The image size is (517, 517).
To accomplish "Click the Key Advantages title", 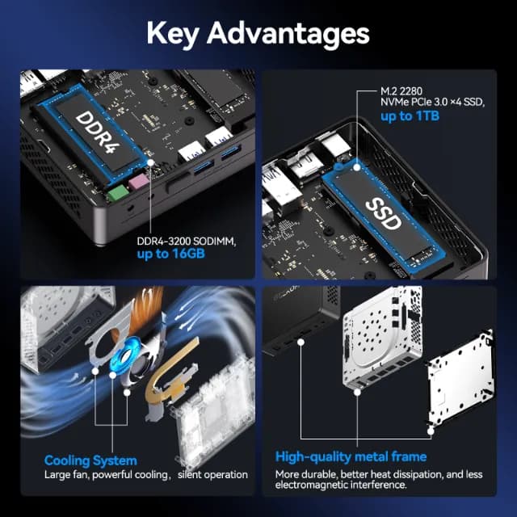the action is [258, 34].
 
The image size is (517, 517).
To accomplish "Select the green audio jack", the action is [117, 193].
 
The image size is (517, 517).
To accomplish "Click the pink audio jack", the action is [138, 182].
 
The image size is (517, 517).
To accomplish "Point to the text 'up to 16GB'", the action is [170, 254].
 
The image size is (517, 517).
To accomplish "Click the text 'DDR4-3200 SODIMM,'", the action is [187, 242].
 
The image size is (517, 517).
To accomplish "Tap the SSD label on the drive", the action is [384, 214].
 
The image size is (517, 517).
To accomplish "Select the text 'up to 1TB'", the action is [410, 116].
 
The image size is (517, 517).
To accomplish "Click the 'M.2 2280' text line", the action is [401, 91].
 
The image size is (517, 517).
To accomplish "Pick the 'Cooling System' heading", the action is [90, 460].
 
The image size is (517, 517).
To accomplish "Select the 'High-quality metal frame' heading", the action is [351, 456].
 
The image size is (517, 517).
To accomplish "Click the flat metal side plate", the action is [461, 377].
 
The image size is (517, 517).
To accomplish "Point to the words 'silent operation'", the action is [212, 475].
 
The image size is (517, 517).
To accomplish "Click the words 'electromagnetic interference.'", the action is [341, 485].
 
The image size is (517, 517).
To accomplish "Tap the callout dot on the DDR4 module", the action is [151, 162].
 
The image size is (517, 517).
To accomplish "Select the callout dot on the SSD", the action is [357, 167].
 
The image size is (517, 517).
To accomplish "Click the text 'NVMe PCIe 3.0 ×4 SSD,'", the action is [433, 103].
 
